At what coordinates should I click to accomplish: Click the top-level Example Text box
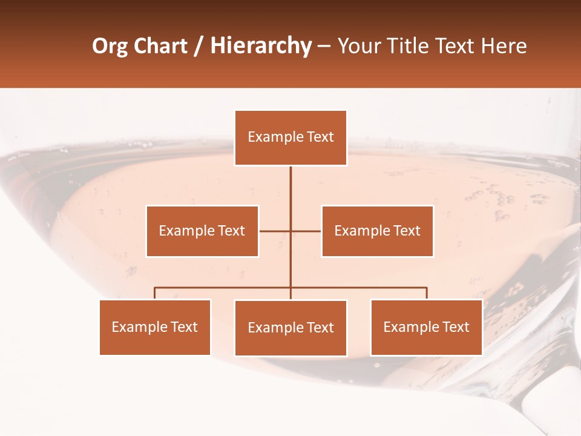point(290,137)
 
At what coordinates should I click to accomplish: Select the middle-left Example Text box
point(202,231)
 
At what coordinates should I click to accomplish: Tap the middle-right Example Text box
point(377,231)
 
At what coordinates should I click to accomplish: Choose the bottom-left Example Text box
point(155,327)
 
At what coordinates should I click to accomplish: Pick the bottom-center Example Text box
point(290,328)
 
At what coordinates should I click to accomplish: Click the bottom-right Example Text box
point(426,327)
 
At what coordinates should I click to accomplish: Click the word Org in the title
point(110,47)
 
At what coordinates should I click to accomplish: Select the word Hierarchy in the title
point(261,47)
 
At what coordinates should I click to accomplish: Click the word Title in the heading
point(409,46)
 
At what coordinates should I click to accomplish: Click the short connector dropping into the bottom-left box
point(155,293)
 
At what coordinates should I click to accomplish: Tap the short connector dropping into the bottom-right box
point(427,293)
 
